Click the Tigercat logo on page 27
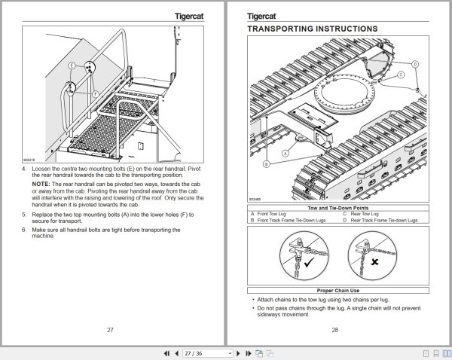(194, 14)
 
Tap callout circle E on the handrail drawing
(72, 66)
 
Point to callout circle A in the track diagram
(286, 151)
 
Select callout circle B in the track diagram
(266, 163)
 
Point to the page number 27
(110, 330)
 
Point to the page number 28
(334, 330)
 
